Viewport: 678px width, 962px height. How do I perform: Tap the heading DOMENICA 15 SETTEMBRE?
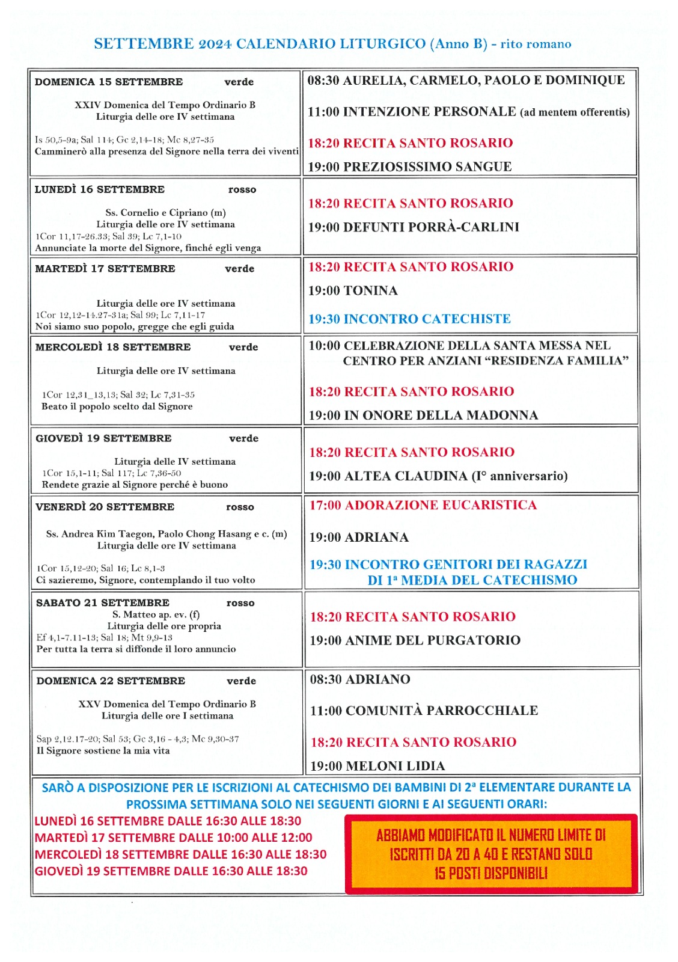[x=109, y=82]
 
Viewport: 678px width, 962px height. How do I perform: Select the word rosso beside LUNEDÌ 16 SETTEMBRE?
[x=242, y=190]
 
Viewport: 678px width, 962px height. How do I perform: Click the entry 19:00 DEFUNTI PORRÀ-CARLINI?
[x=414, y=227]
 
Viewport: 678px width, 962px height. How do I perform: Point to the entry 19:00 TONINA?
[x=353, y=291]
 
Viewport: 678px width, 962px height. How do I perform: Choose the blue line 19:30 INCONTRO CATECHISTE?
[x=409, y=319]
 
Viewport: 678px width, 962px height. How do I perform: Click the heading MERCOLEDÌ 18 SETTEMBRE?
[x=113, y=348]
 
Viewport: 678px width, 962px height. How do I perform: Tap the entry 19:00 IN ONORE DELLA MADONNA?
[x=423, y=415]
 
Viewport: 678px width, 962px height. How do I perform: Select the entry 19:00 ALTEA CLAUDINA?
[x=438, y=476]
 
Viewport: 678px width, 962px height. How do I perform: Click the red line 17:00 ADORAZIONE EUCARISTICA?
[x=423, y=505]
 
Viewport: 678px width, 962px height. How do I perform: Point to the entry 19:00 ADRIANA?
[x=359, y=538]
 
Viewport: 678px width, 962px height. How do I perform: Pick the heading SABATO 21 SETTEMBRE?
[x=103, y=603]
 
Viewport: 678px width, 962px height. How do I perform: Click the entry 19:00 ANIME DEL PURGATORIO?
[x=415, y=640]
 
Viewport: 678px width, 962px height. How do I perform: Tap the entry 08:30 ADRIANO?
[x=360, y=679]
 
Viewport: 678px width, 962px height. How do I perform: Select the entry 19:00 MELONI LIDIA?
[x=377, y=766]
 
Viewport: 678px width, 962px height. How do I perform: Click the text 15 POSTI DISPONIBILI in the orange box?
[x=490, y=874]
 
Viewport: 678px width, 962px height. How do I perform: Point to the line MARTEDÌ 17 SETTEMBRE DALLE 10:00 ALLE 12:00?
[x=173, y=838]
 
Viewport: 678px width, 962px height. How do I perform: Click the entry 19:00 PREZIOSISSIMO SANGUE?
[x=409, y=167]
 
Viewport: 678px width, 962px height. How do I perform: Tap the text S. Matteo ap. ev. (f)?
[x=156, y=614]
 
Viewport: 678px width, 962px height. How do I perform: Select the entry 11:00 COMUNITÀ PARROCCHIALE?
[x=424, y=711]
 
